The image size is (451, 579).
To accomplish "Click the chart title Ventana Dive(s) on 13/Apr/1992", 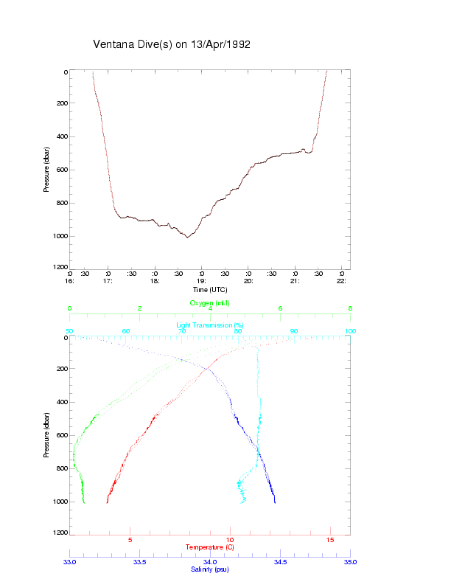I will [172, 44].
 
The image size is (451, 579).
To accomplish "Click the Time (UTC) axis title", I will [210, 290].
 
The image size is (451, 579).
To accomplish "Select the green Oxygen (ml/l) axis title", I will [210, 303].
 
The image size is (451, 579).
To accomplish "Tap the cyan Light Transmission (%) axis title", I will [210, 325].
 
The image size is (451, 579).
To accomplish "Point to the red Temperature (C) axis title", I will [210, 547].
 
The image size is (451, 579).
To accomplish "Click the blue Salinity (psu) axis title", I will [210, 569].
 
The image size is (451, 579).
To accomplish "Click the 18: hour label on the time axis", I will [155, 281].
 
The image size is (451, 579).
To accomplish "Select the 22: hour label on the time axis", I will [342, 281].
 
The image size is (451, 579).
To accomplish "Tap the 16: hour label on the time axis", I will [70, 281].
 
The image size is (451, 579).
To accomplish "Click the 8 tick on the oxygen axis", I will [350, 308].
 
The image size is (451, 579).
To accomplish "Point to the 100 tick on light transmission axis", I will [350, 332].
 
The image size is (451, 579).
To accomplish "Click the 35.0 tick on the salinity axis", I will [350, 562].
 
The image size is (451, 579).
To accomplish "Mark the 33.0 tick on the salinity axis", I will [70, 562].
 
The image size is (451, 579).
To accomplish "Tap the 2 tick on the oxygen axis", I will [140, 308].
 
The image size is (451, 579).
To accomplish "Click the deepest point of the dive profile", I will [187, 238].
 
